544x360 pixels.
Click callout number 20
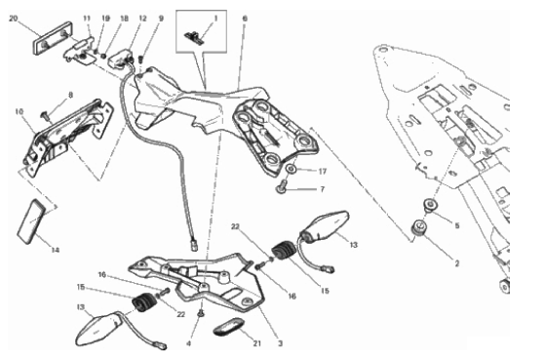(14, 19)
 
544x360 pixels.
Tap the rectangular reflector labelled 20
(53, 38)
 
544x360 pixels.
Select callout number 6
(245, 19)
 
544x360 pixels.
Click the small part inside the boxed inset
(194, 36)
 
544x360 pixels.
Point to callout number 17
(323, 171)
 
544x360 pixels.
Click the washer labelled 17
(291, 170)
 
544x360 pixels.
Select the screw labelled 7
(282, 185)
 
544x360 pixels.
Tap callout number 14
(56, 250)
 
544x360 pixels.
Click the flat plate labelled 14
(31, 221)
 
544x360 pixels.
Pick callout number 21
(256, 343)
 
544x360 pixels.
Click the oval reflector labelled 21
(229, 326)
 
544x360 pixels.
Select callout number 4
(188, 343)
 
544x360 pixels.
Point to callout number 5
(457, 225)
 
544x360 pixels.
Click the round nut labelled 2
(419, 227)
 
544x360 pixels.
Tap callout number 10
(19, 112)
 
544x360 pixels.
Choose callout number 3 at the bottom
(281, 343)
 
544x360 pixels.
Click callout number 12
(142, 19)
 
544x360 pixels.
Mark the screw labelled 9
(140, 59)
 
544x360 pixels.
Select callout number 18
(124, 19)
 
